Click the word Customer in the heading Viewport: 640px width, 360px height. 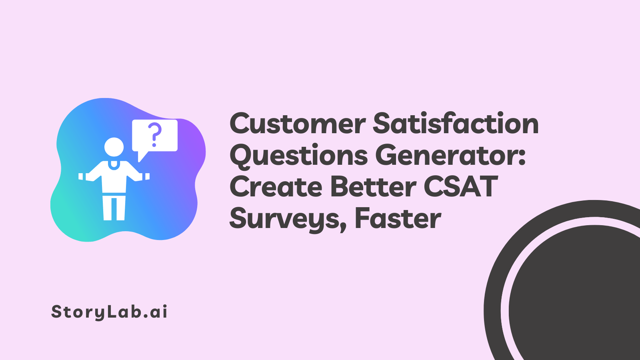(298, 124)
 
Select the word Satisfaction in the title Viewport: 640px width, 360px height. (456, 124)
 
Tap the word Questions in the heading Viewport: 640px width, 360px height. (298, 156)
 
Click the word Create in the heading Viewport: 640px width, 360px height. (276, 187)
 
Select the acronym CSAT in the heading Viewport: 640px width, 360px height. (460, 187)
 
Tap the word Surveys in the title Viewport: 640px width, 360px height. (284, 219)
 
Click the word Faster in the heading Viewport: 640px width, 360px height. (398, 219)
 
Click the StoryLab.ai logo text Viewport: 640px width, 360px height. (109, 312)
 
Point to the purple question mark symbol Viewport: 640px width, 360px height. (154, 134)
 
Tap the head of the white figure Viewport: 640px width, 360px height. (114, 147)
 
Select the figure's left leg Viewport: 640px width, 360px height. (107, 208)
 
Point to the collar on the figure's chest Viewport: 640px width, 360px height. (114, 164)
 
